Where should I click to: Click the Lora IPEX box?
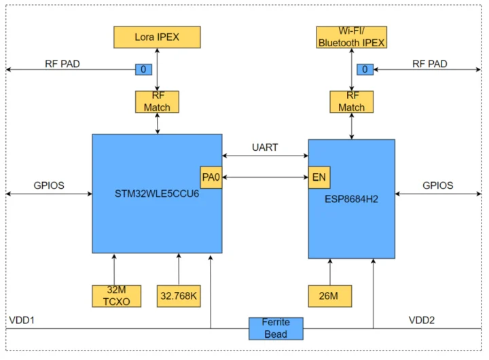tap(157, 37)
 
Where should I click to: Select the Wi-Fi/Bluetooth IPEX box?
tap(351, 37)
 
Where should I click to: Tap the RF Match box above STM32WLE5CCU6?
tap(157, 101)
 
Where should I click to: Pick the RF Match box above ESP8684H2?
tap(351, 101)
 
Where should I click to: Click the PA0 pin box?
tap(211, 177)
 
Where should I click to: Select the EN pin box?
tap(319, 177)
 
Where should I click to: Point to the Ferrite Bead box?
tap(276, 328)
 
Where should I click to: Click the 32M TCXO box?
tap(113, 296)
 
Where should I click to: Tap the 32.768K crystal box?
tap(179, 296)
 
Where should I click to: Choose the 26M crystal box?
tap(329, 296)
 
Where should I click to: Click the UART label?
tap(265, 147)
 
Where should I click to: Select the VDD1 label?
tap(22, 319)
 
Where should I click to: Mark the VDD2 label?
tap(422, 319)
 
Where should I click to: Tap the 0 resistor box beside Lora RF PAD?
tap(143, 69)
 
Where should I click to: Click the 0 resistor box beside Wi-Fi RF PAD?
tap(365, 69)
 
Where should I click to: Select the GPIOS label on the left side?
tap(49, 185)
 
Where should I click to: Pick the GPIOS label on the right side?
tap(437, 185)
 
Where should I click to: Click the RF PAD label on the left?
tap(62, 64)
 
